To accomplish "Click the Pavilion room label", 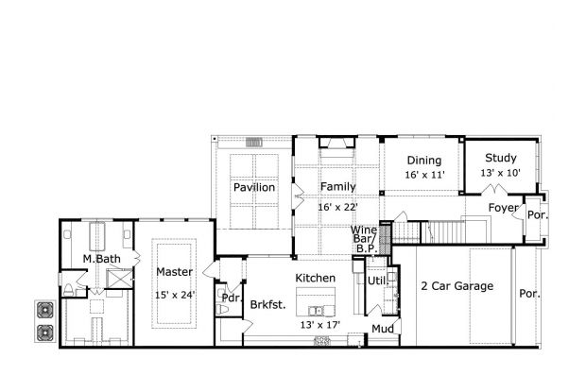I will click(254, 188).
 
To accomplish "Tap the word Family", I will click(336, 187).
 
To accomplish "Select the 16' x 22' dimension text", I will click(337, 206).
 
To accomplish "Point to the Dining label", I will click(423, 160).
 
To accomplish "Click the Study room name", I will click(500, 158).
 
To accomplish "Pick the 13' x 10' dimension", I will click(500, 174).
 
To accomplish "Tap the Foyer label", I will click(503, 208).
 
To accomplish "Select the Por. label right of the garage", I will click(529, 293).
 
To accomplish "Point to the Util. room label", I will click(376, 281).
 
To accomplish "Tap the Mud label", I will click(382, 329).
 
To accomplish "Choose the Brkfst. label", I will click(268, 304).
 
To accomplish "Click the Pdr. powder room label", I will click(227, 298).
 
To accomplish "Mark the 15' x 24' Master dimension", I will click(175, 295).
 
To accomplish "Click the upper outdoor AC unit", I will click(44, 310).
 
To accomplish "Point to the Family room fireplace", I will click(337, 144).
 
